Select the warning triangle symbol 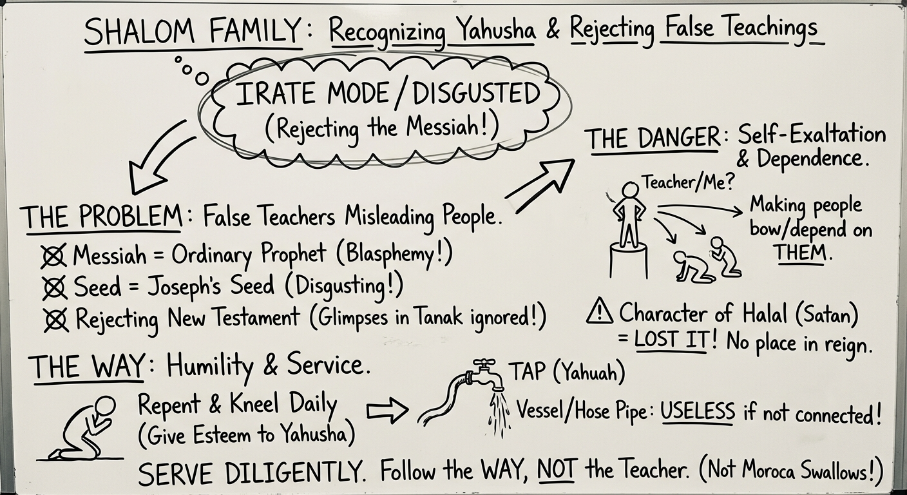[600, 313]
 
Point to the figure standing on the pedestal [629, 216]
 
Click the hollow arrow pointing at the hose [387, 411]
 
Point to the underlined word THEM [801, 253]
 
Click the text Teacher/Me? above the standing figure [687, 182]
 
